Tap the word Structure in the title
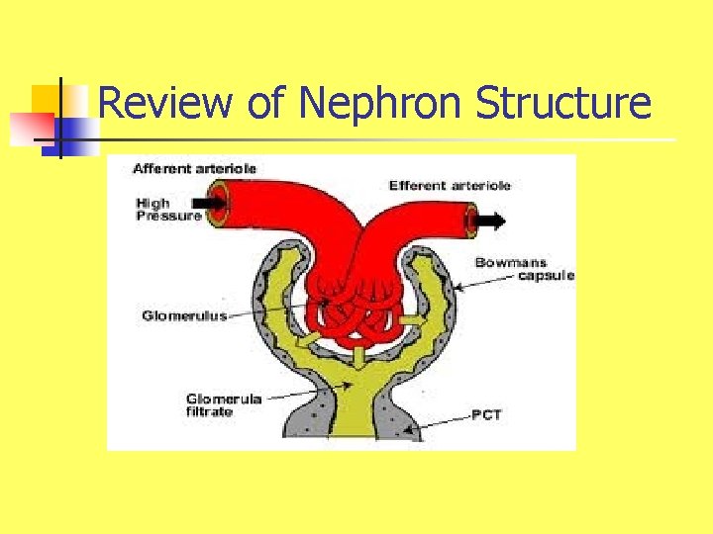point(563,103)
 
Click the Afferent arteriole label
point(195,168)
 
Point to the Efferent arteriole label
point(450,185)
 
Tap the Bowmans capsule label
point(524,269)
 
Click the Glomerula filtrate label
point(224,404)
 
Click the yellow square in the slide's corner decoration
point(47,100)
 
